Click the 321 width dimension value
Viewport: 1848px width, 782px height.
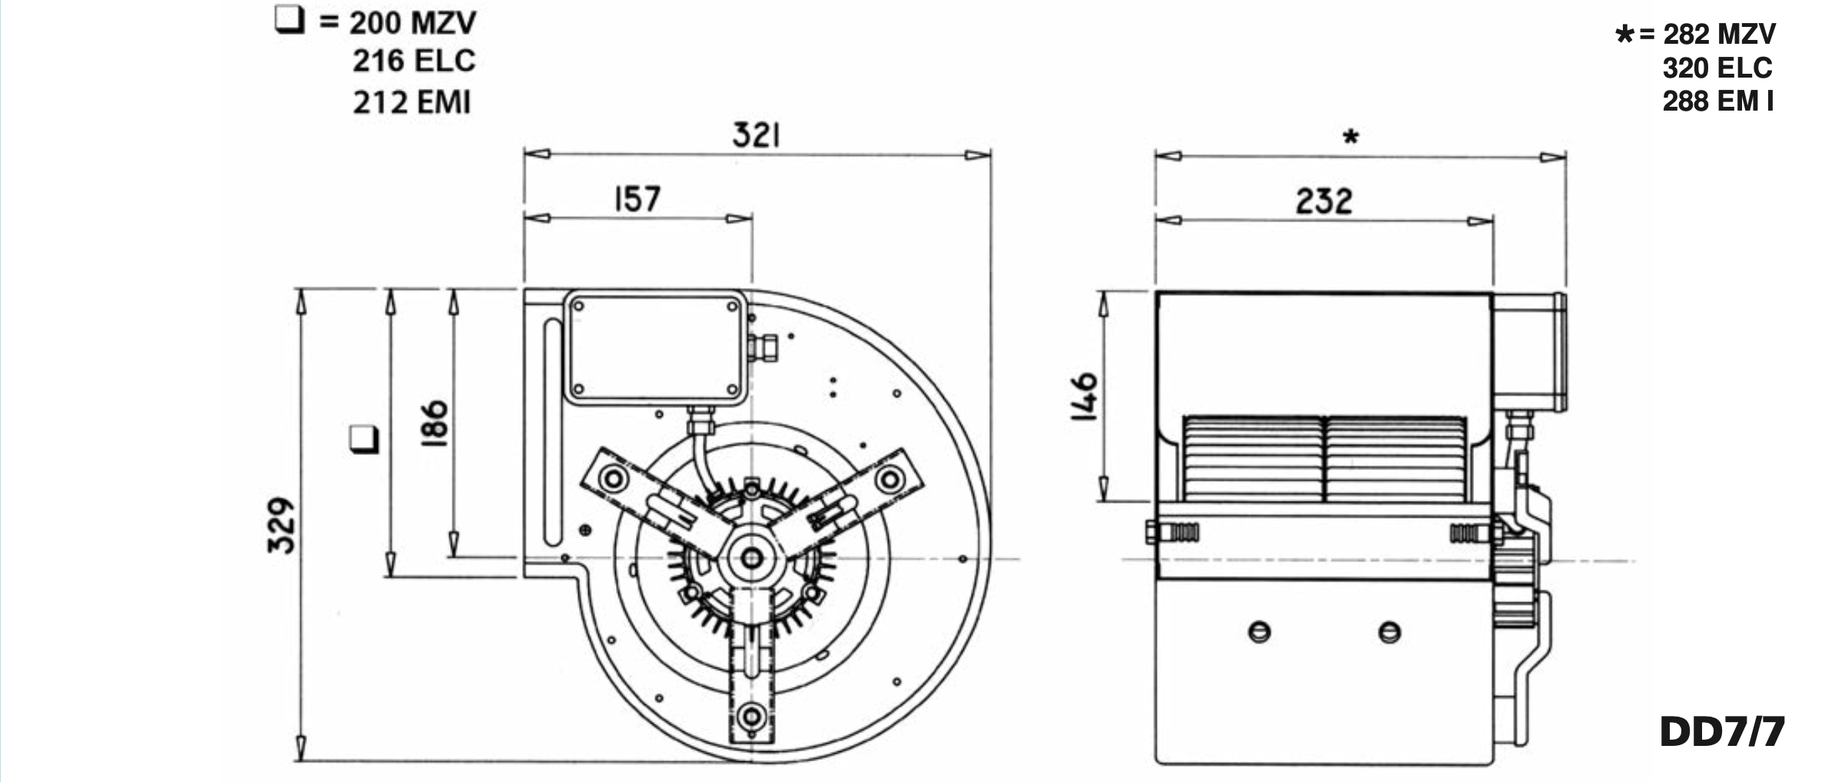(x=757, y=135)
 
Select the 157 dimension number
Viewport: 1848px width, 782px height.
(x=637, y=199)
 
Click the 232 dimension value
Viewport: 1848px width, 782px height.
(x=1323, y=201)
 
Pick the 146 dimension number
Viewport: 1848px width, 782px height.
(x=1085, y=396)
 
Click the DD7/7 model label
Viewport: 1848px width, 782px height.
(x=1722, y=732)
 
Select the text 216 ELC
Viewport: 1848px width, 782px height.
(x=414, y=61)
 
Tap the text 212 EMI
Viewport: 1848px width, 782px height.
(x=412, y=102)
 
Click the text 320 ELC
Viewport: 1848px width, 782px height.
(x=1717, y=68)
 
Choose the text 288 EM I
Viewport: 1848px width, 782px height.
(x=1718, y=101)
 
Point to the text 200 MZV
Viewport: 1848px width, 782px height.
(x=412, y=23)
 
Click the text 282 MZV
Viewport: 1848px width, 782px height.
(x=1719, y=34)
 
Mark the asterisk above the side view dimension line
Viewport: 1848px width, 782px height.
(x=1351, y=138)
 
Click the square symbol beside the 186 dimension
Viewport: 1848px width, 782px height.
(x=364, y=438)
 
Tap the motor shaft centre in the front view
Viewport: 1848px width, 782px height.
(x=751, y=558)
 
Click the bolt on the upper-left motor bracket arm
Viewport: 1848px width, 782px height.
(x=614, y=479)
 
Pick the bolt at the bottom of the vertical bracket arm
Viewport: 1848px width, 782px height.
(x=750, y=717)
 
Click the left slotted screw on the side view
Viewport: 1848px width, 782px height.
(x=1260, y=632)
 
